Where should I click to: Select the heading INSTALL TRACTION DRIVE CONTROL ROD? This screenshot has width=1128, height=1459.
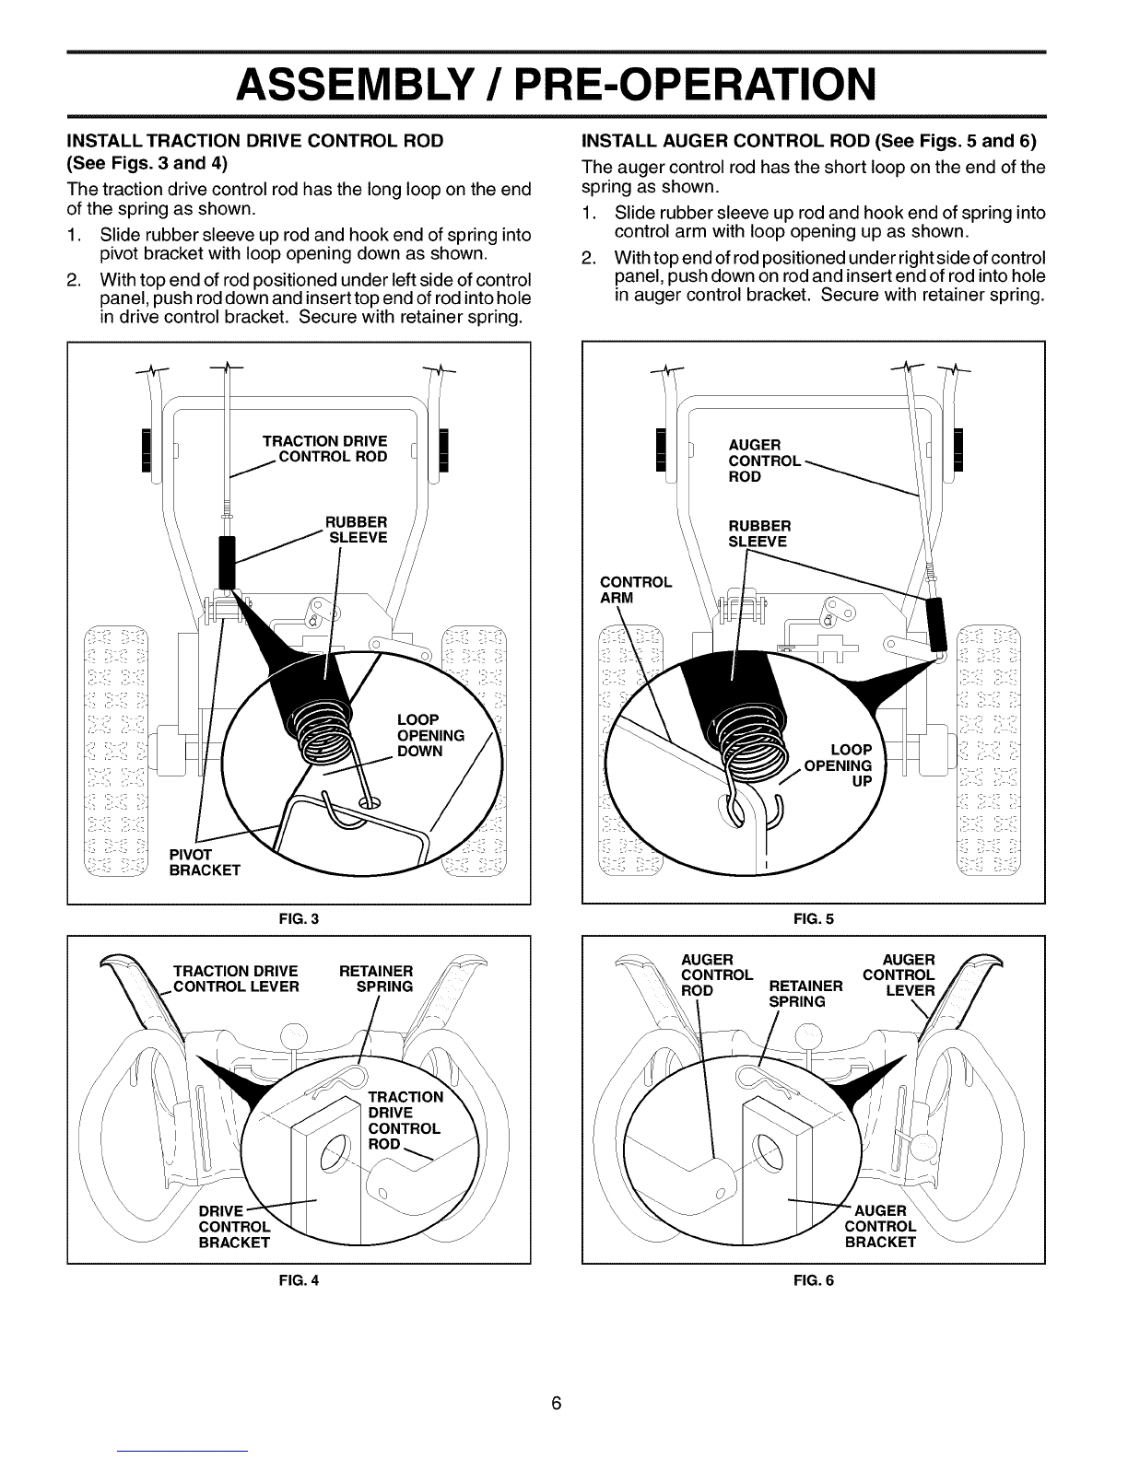(x=253, y=141)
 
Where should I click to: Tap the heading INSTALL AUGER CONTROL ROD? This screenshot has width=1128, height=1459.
(x=809, y=141)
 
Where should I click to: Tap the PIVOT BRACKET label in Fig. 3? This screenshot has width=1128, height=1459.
(x=205, y=862)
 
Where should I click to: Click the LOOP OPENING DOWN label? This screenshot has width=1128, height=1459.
(x=429, y=734)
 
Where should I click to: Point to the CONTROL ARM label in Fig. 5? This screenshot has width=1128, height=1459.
(x=636, y=589)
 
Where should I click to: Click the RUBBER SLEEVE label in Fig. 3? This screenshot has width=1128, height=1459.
(x=358, y=529)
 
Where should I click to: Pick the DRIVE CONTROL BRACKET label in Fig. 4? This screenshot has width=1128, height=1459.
(x=234, y=1226)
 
